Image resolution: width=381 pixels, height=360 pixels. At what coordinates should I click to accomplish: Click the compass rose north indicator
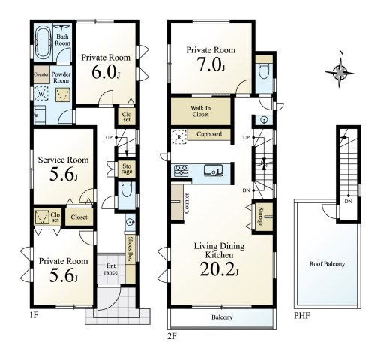pyautogui.click(x=341, y=53)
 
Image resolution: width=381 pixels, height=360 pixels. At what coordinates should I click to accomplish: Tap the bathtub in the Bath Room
pyautogui.click(x=43, y=43)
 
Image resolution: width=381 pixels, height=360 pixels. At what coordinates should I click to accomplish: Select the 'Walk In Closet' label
pyautogui.click(x=200, y=111)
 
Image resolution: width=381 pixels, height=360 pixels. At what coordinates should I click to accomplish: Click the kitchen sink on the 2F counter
pyautogui.click(x=214, y=170)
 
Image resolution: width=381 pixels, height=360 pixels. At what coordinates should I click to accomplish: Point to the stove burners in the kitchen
pyautogui.click(x=181, y=171)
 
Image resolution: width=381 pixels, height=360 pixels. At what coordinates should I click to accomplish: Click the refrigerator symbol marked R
pyautogui.click(x=179, y=137)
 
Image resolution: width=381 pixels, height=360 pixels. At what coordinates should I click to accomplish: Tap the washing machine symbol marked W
pyautogui.click(x=41, y=94)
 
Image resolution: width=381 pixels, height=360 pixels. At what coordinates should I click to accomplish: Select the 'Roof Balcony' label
pyautogui.click(x=327, y=264)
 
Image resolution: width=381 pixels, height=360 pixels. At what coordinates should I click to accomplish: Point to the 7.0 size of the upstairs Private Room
pyautogui.click(x=211, y=64)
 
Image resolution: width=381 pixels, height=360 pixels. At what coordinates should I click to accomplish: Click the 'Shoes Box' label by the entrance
pyautogui.click(x=130, y=249)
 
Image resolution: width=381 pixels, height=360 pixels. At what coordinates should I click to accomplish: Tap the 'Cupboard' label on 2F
pyautogui.click(x=209, y=134)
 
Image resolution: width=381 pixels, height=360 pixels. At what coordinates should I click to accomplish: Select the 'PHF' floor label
pyautogui.click(x=302, y=316)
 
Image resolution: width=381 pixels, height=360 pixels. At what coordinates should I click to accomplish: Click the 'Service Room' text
pyautogui.click(x=63, y=160)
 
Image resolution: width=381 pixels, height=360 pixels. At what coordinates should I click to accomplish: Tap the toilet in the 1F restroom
pyautogui.click(x=127, y=190)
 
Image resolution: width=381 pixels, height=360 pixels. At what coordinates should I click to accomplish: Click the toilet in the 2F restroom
pyautogui.click(x=265, y=71)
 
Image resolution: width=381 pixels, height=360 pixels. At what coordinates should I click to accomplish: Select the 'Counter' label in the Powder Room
pyautogui.click(x=41, y=74)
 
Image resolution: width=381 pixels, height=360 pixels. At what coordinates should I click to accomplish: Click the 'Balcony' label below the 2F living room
pyautogui.click(x=222, y=317)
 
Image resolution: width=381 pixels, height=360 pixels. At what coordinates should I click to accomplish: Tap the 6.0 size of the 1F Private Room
pyautogui.click(x=106, y=72)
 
